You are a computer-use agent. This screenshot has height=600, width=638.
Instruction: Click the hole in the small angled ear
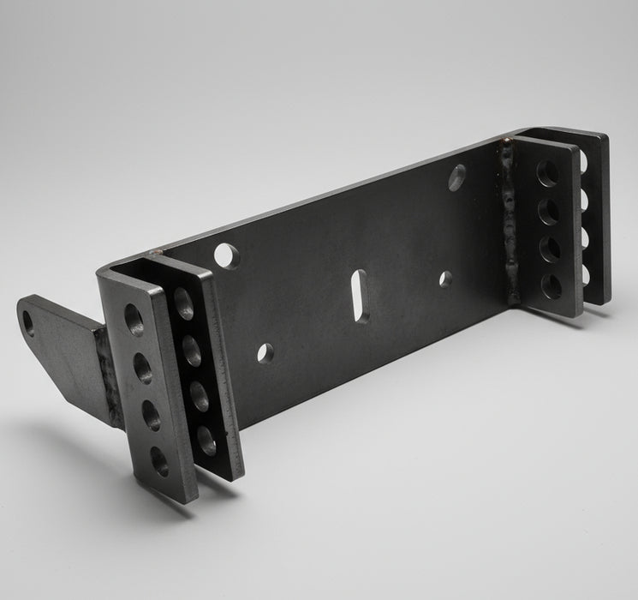pyautogui.click(x=28, y=323)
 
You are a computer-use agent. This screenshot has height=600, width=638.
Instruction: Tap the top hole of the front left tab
pyautogui.click(x=134, y=320)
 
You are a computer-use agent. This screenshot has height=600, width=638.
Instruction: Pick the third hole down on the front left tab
pyautogui.click(x=152, y=416)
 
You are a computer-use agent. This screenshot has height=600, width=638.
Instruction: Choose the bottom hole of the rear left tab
pyautogui.click(x=206, y=441)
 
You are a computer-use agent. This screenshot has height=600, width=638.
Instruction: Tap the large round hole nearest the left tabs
pyautogui.click(x=228, y=255)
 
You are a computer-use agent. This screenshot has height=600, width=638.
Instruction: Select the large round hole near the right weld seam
pyautogui.click(x=457, y=177)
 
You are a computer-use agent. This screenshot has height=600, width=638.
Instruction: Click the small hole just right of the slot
pyautogui.click(x=445, y=279)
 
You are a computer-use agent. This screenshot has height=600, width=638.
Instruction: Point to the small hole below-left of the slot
pyautogui.click(x=265, y=352)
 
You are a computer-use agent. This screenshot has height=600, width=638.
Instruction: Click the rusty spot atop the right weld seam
pyautogui.click(x=507, y=141)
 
